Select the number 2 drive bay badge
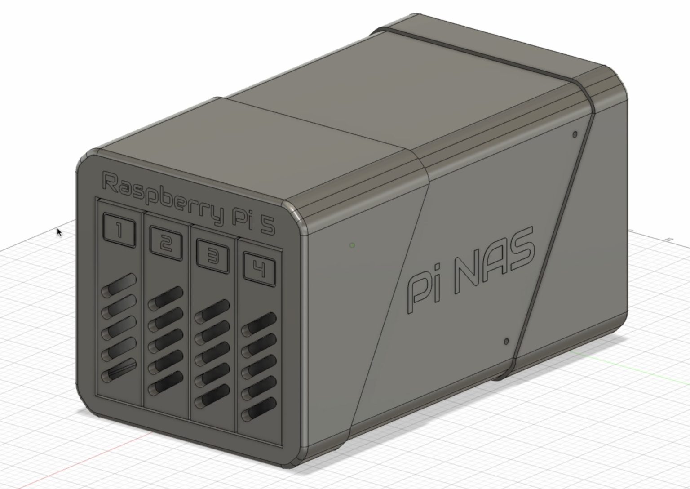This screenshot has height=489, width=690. [165, 244]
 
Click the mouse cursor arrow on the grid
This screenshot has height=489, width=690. [59, 232]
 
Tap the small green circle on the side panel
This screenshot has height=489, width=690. [352, 245]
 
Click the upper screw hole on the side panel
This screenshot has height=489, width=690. [575, 134]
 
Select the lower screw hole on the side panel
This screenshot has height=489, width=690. [507, 342]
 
